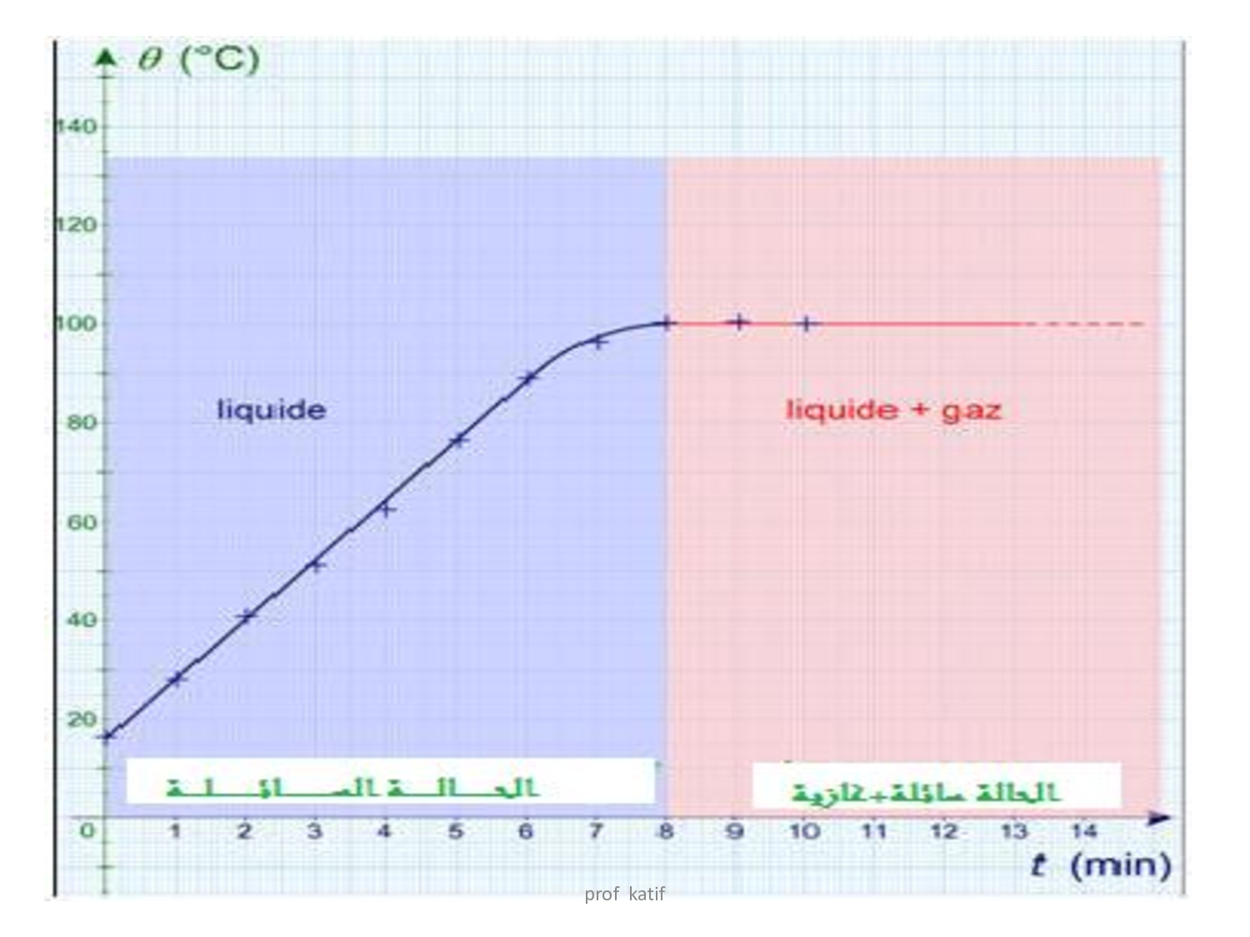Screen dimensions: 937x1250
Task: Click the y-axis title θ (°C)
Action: coord(198,60)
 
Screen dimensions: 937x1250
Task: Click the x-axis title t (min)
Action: coord(1101,865)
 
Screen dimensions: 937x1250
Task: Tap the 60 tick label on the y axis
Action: coord(82,522)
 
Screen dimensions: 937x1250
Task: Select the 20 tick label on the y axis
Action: coord(82,720)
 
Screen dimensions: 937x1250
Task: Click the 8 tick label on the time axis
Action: coord(666,831)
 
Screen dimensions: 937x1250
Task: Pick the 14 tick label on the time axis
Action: coord(1083,831)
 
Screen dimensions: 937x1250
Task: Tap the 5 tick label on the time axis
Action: coord(456,831)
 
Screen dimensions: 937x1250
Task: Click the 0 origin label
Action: coord(87,831)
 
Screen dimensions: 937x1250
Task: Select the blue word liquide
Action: coord(271,410)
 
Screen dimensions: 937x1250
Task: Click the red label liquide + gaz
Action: coord(893,410)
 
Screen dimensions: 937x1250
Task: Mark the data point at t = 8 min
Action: coord(666,323)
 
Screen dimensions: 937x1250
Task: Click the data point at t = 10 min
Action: coord(806,323)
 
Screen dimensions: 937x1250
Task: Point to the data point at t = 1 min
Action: coord(176,679)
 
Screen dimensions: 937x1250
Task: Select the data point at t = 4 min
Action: coord(386,508)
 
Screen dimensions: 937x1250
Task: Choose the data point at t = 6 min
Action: coord(527,377)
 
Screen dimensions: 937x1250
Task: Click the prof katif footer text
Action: coord(624,895)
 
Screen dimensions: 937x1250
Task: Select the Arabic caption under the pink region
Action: coord(925,791)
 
